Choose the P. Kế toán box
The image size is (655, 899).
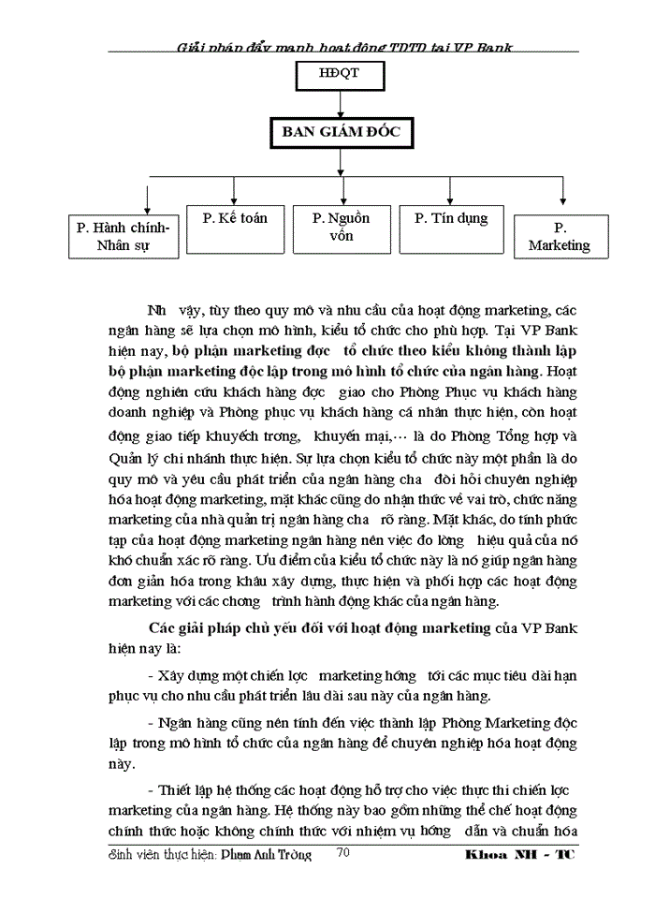pos(234,228)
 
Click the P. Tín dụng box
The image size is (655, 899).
pos(450,228)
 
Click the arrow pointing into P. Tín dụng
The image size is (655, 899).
pos(451,193)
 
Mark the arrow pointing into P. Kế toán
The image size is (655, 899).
pos(234,193)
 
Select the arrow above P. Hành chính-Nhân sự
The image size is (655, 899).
pos(148,200)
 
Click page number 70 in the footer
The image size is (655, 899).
pos(342,853)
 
